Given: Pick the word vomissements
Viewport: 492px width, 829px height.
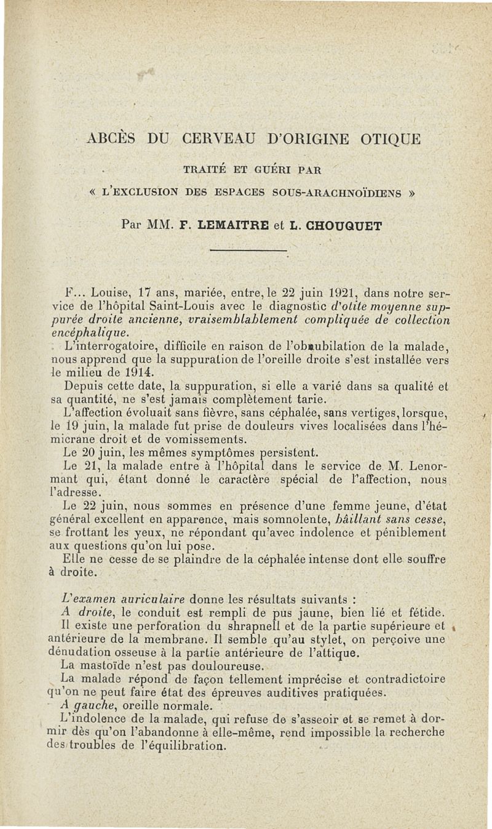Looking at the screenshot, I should (x=209, y=439).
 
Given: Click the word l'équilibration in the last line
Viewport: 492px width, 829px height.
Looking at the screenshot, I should (x=185, y=747).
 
